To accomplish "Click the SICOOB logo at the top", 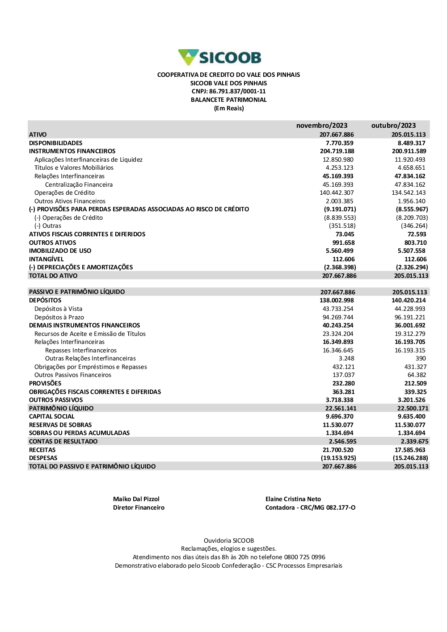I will pos(219,58).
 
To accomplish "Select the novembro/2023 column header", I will pos(322,126).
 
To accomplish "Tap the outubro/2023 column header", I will pos(393,126).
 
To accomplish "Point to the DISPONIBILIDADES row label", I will pos(56,143).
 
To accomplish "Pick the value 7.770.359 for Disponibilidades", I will pos(340,143).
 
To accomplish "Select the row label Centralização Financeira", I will pos(79,184).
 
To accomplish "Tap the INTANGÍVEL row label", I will pos(46,259).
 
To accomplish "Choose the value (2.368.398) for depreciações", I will pos(340,267).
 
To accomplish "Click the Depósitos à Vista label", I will pos(58,309).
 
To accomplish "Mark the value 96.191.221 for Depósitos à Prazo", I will pos(410,317).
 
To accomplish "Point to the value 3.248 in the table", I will pos(346,358).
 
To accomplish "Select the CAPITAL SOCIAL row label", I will pos(52,416).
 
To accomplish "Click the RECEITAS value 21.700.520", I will pos(338,450).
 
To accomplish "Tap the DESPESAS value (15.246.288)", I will pos(410,458).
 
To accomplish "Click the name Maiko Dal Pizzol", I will pos(136,499).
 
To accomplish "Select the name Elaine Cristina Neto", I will pos(293,499).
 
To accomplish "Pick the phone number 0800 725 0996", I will pos(305,557).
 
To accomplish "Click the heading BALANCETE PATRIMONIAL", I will pos(228,100).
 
